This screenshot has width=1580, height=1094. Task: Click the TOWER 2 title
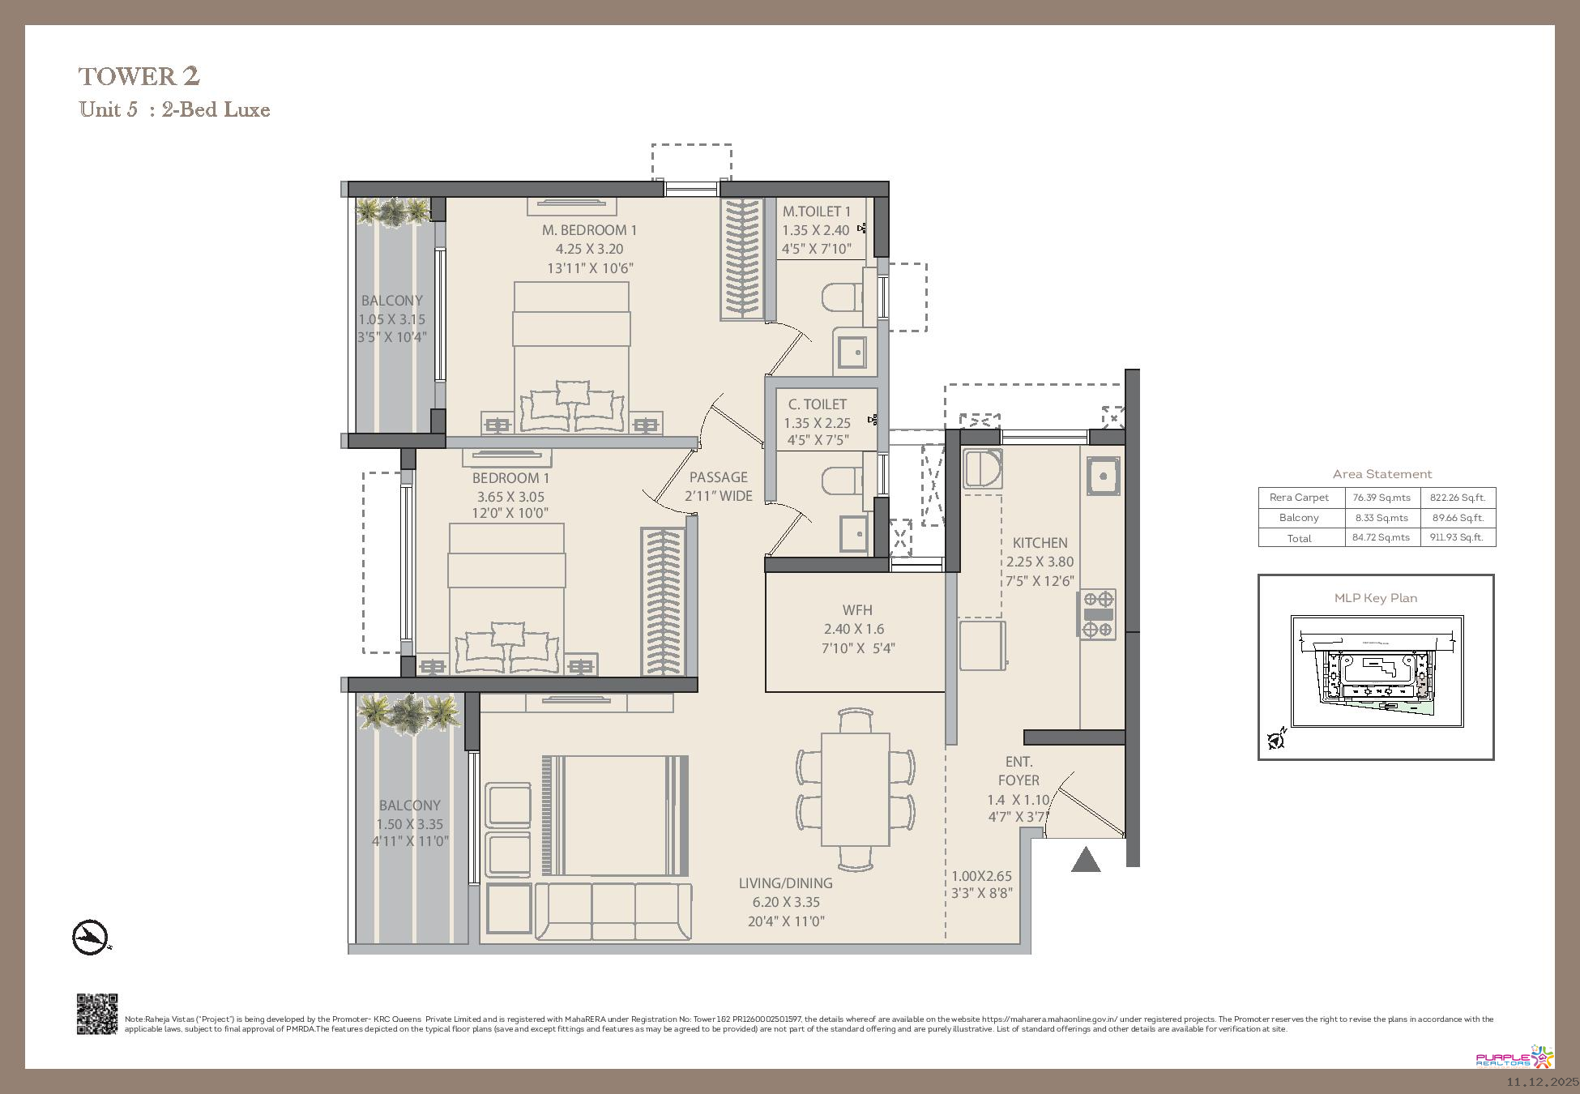click(139, 76)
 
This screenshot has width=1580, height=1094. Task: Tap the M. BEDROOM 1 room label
click(589, 230)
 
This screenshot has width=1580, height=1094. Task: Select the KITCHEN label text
click(1040, 543)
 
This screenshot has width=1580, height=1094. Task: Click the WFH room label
click(857, 610)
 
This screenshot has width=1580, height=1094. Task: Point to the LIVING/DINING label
click(785, 883)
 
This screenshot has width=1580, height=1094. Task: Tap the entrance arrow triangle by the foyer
click(1086, 860)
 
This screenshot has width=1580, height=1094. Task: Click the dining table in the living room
click(856, 789)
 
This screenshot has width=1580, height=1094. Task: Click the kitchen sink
click(1102, 476)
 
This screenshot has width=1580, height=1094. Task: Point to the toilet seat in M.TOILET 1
click(843, 297)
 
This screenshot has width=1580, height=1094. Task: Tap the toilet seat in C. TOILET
click(843, 481)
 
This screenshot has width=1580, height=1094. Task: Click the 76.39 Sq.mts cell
click(1381, 498)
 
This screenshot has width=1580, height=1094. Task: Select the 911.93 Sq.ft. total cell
click(1457, 537)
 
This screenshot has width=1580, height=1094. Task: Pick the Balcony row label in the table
click(1299, 518)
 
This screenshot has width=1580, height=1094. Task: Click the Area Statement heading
click(1382, 474)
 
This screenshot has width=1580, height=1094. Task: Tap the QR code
click(97, 1014)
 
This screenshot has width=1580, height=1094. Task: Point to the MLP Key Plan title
click(1376, 598)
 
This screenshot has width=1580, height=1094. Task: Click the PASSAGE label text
click(719, 477)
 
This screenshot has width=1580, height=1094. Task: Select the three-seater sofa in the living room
click(613, 911)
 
